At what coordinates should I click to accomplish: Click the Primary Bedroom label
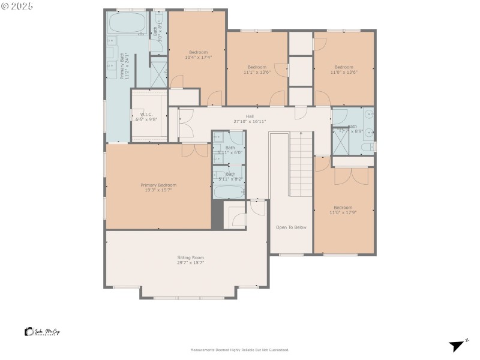coord(158,185)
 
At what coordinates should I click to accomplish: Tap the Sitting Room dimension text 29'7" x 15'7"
coord(190,263)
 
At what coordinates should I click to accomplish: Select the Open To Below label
coord(291,227)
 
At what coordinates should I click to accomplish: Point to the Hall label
coord(250,116)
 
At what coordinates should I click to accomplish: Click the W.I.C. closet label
coord(146,114)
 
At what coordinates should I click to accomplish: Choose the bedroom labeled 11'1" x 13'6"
coord(257,70)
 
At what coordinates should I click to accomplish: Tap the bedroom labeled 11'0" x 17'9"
coord(344,210)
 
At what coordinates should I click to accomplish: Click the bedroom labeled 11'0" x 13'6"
coord(344,70)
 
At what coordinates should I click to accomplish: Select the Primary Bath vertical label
coord(125,66)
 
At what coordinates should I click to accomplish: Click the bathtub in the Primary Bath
coord(126,23)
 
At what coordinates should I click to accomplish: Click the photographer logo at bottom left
coord(42,332)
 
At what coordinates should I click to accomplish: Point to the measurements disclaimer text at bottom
coord(240,350)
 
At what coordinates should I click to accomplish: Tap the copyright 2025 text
coord(17,6)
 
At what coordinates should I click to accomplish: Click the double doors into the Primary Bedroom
coord(194,150)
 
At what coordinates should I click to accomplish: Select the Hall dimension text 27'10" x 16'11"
coord(250,121)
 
